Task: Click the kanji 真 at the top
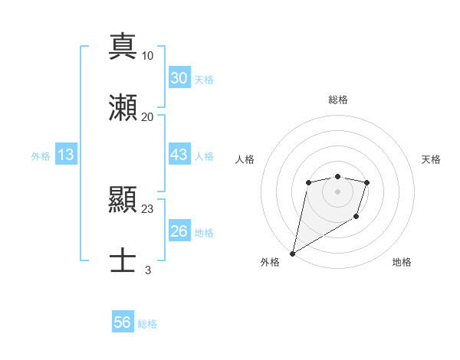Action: tap(123, 46)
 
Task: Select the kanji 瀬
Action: tap(123, 108)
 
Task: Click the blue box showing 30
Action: tap(179, 78)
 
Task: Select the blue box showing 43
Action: tap(179, 155)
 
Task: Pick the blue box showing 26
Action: tap(179, 231)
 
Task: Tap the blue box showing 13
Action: tap(66, 155)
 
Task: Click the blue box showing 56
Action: tap(123, 322)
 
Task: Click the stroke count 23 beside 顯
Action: tap(148, 208)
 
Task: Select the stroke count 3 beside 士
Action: tap(148, 270)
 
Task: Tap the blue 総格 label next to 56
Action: tap(147, 324)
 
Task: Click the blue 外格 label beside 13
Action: tap(41, 156)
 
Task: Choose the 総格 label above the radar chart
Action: tap(337, 100)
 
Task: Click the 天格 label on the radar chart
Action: tap(432, 159)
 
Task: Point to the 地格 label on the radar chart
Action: tap(402, 262)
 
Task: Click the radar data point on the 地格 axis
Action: tap(356, 218)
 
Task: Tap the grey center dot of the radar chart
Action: tap(337, 191)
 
